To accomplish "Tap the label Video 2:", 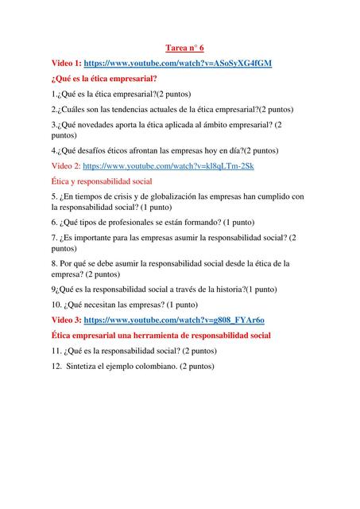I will click(65, 166).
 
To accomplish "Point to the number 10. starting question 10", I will click(57, 305).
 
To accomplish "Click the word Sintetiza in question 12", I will click(83, 366).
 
